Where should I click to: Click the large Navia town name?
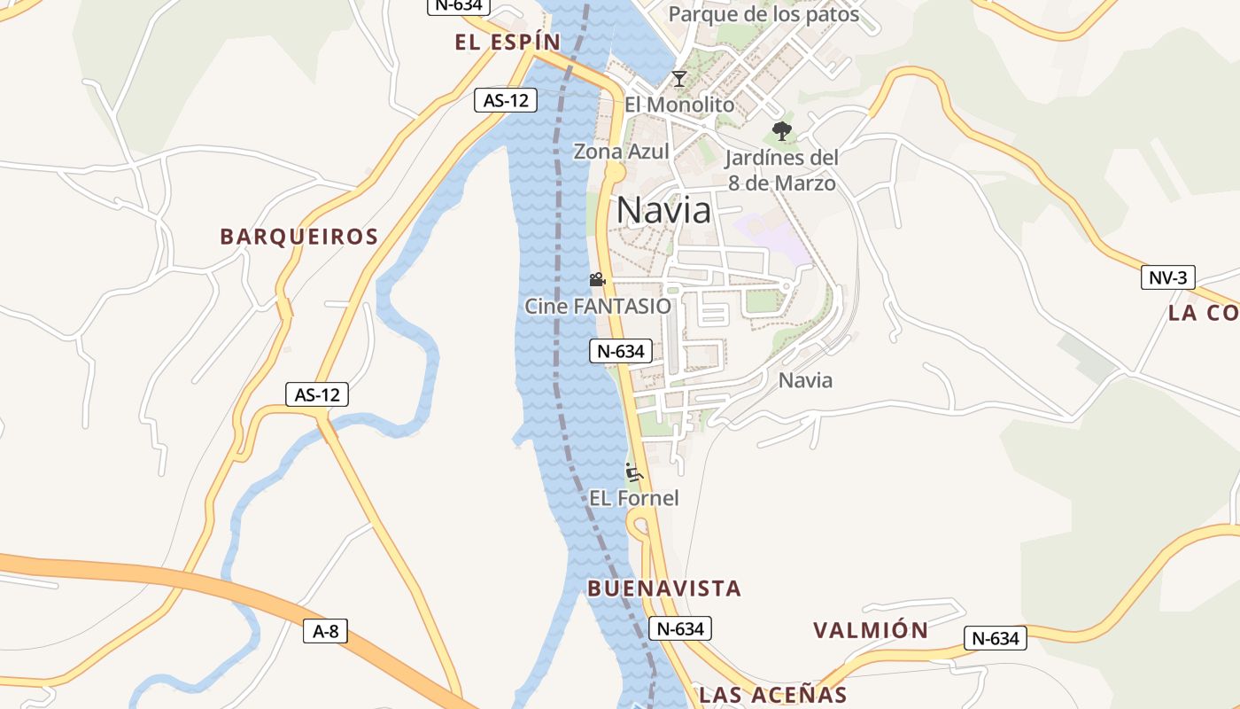click(663, 210)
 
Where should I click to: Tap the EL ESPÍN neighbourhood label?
click(508, 42)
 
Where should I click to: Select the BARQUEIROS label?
click(299, 237)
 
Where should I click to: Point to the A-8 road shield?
click(326, 631)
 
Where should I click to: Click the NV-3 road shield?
click(1167, 277)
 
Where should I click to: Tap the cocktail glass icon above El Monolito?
click(678, 79)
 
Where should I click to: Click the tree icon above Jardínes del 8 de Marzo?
click(781, 132)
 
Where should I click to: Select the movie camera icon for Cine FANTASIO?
click(597, 280)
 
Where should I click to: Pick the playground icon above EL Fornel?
click(633, 471)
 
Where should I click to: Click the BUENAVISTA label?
click(664, 588)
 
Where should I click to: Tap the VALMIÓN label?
click(871, 630)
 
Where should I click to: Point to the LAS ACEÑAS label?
click(773, 695)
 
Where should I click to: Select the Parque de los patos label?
click(763, 14)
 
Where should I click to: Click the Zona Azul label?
click(621, 152)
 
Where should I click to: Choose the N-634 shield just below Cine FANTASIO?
click(621, 351)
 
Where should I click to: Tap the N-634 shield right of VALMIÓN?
click(995, 638)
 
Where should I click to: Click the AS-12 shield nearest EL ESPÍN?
click(506, 100)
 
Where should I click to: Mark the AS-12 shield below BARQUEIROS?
click(317, 394)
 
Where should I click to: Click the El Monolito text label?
click(679, 105)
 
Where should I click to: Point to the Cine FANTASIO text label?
click(598, 307)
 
